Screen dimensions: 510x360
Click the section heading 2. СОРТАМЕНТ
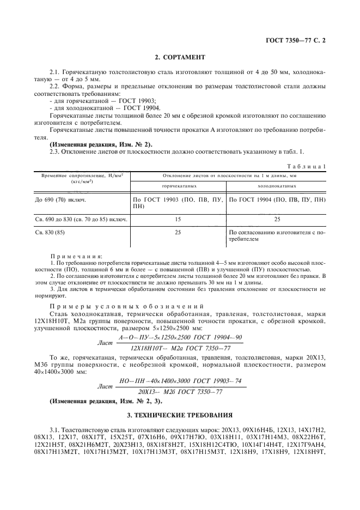pyautogui.click(x=179, y=58)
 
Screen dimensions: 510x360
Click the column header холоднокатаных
pyautogui.click(x=277, y=186)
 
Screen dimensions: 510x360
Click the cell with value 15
pyautogui.click(x=178, y=220)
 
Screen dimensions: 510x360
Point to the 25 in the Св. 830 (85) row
pyautogui.click(x=178, y=233)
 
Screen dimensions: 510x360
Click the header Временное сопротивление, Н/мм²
pyautogui.click(x=76, y=175)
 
